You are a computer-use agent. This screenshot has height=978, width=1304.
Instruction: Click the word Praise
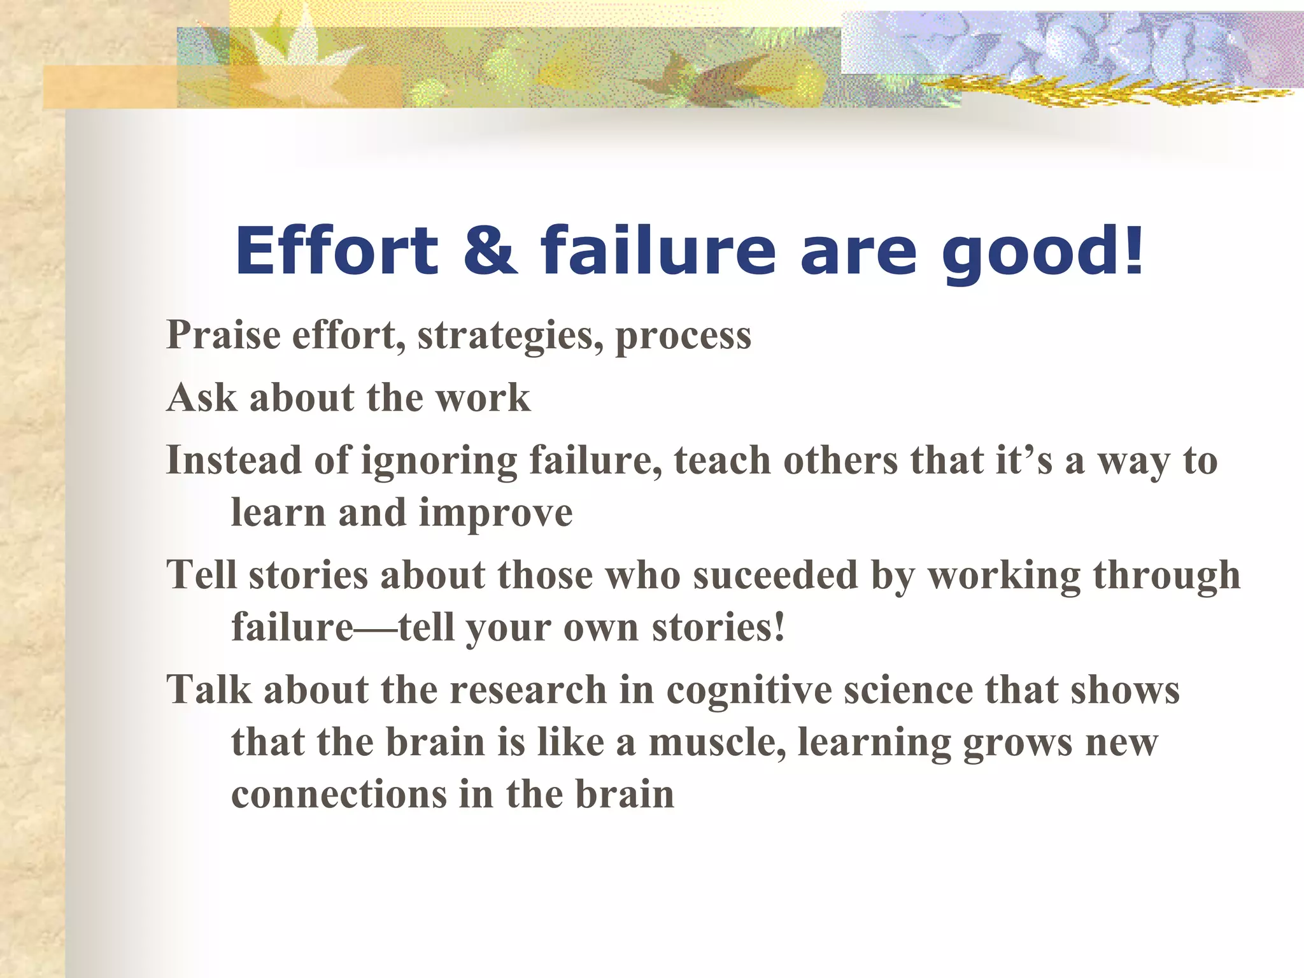223,335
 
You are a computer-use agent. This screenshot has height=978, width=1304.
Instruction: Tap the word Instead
233,460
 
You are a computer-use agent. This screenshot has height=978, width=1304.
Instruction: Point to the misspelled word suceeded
775,575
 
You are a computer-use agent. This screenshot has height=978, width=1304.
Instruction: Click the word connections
330,795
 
